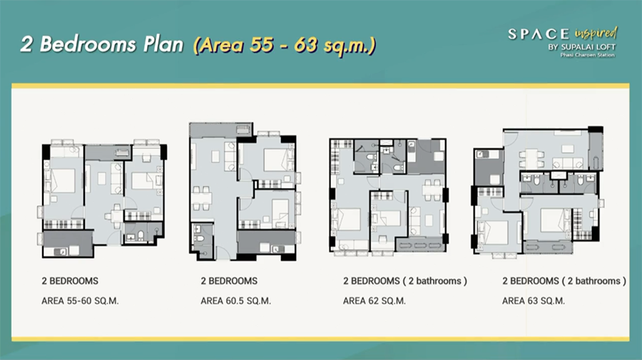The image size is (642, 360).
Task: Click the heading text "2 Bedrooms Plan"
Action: click(x=102, y=44)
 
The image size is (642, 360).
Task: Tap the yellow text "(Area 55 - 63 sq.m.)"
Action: click(x=285, y=45)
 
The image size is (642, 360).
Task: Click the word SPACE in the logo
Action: click(x=539, y=34)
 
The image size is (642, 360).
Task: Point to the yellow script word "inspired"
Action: click(x=596, y=33)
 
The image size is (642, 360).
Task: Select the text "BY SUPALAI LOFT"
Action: click(x=582, y=47)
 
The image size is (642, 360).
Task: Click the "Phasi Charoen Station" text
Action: click(x=588, y=55)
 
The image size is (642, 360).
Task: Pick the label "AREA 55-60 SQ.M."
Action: click(x=80, y=301)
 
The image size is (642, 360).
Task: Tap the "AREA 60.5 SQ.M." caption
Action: click(x=236, y=301)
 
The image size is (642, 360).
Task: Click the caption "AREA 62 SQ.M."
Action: click(x=374, y=301)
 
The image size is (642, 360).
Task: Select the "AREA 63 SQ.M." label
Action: click(x=534, y=301)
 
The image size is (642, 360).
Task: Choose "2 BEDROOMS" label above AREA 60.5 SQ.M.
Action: click(x=229, y=281)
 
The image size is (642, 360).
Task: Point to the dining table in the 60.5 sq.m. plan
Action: click(x=202, y=198)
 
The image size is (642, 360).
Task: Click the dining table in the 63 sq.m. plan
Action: click(x=532, y=158)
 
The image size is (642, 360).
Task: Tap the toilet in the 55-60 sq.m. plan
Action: click(x=141, y=236)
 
